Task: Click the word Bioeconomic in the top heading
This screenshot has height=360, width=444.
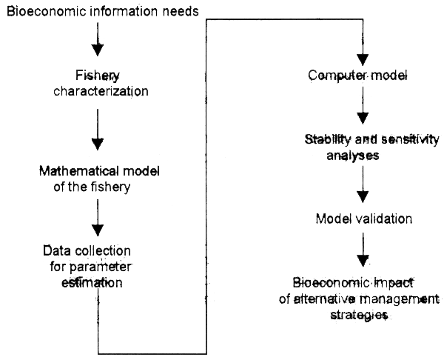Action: pyautogui.click(x=38, y=13)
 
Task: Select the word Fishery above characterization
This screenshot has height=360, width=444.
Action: pyautogui.click(x=98, y=76)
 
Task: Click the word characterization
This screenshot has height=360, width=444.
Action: pyautogui.click(x=98, y=92)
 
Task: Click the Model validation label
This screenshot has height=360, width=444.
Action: pyautogui.click(x=363, y=219)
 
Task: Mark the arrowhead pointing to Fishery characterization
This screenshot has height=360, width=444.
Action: pyautogui.click(x=97, y=50)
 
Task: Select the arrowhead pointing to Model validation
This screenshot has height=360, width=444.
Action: pyautogui.click(x=363, y=199)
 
